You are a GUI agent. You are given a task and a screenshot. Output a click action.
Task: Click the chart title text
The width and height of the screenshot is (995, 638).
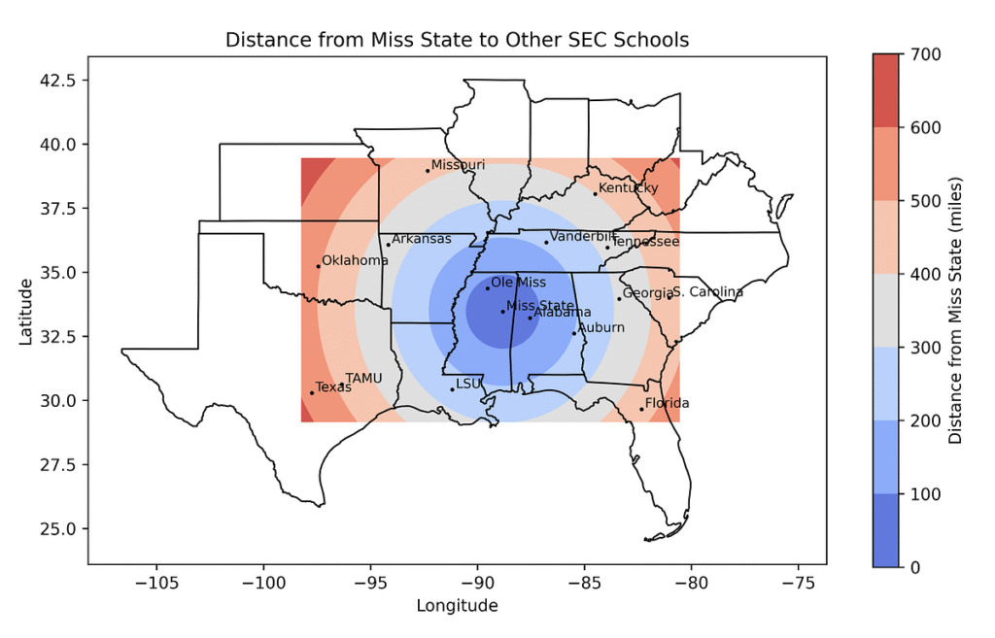457,40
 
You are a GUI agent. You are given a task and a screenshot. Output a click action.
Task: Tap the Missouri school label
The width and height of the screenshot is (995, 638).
458,165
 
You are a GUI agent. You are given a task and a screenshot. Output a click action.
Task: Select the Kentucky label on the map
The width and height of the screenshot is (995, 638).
628,188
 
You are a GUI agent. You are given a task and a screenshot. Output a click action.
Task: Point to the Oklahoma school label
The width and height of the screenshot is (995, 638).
355,260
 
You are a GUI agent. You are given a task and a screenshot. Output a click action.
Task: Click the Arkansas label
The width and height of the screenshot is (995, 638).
422,239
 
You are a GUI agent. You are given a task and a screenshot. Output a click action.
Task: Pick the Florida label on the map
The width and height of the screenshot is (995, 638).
667,403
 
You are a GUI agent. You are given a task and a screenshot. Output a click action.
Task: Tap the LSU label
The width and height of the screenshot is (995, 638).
468,384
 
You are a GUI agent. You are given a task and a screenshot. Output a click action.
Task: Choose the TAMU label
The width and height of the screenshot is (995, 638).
364,378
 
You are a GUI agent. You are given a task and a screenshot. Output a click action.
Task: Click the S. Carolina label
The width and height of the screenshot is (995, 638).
707,292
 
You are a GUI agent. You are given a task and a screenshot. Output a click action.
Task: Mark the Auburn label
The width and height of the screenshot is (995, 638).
601,328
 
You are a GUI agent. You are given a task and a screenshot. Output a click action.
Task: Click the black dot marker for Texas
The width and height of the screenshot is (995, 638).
312,392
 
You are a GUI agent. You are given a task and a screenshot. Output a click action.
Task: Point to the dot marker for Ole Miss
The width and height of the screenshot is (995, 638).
488,288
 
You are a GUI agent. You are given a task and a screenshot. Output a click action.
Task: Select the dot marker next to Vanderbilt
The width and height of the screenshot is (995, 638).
546,243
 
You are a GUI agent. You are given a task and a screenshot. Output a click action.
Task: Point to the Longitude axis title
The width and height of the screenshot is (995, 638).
457,606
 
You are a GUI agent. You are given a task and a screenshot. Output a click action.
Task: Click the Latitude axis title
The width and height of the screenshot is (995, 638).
26,310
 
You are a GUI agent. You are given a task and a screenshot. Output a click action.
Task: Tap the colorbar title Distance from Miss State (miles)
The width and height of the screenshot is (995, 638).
955,311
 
